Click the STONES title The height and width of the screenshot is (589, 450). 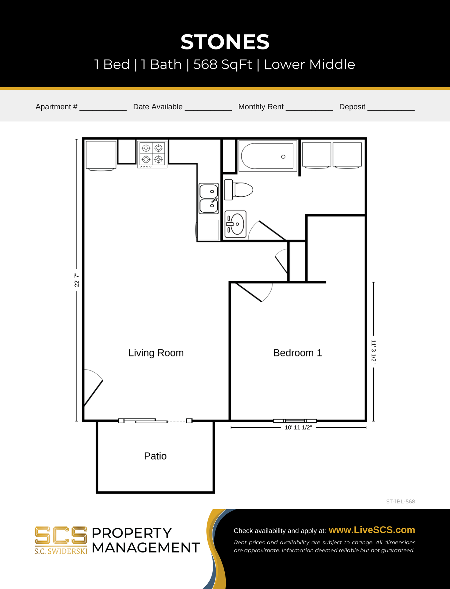(225, 42)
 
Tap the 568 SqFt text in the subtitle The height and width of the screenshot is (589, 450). (223, 64)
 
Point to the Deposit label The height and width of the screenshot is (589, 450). (352, 107)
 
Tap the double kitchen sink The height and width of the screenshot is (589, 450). (209, 198)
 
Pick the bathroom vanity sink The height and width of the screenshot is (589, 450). (235, 224)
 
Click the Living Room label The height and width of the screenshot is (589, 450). (156, 353)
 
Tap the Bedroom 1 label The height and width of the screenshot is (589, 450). (297, 353)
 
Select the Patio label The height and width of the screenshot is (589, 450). (155, 456)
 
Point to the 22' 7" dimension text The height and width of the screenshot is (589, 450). (77, 280)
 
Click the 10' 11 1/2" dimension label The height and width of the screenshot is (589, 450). (298, 428)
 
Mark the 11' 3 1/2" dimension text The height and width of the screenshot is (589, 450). (373, 352)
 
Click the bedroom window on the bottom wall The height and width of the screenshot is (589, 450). (295, 421)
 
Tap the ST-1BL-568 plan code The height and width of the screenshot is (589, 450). (400, 502)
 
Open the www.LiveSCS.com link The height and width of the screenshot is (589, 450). (372, 530)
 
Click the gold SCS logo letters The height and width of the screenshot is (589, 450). (61, 535)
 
